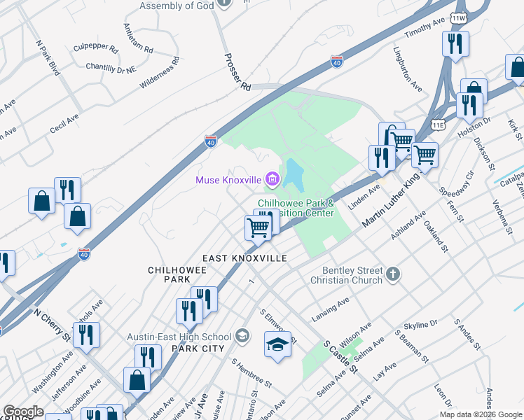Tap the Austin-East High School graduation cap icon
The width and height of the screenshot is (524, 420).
click(243, 336)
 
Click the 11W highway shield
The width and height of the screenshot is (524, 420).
click(459, 17)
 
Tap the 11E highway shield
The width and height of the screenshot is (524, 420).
click(439, 125)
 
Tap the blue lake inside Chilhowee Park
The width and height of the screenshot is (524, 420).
click(294, 175)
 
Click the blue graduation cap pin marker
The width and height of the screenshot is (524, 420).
click(277, 345)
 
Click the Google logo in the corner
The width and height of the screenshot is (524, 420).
click(23, 412)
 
